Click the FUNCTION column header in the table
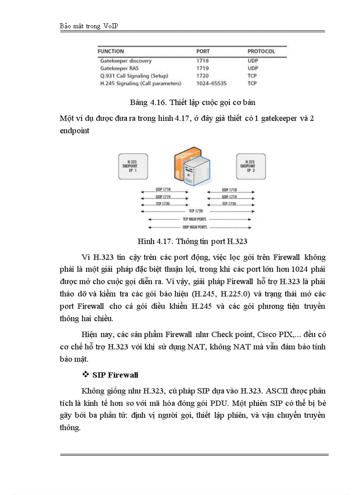(111, 52)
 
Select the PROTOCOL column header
(261, 52)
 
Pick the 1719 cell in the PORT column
(202, 68)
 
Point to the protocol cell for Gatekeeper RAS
(252, 68)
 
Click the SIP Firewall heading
(115, 375)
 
